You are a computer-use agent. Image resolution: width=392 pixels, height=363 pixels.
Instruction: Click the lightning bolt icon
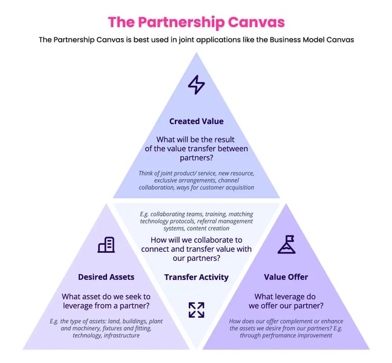pos(196,85)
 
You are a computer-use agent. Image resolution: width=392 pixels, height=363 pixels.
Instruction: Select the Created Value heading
pos(197,122)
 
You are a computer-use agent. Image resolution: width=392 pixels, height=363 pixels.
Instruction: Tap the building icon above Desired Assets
pos(106,244)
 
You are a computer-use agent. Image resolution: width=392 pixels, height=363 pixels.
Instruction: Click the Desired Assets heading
pos(106,277)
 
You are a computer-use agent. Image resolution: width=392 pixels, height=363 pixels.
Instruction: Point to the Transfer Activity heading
pos(197,277)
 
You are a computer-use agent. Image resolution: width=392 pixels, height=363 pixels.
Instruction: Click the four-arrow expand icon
pos(196,310)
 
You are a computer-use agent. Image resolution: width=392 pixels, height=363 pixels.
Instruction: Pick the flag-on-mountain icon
pos(286,244)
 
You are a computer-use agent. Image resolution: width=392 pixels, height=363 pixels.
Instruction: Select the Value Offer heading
pos(286,277)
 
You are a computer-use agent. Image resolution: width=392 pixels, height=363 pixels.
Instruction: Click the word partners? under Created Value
pos(197,158)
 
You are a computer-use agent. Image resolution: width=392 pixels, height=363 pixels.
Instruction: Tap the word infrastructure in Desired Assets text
pos(122,335)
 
